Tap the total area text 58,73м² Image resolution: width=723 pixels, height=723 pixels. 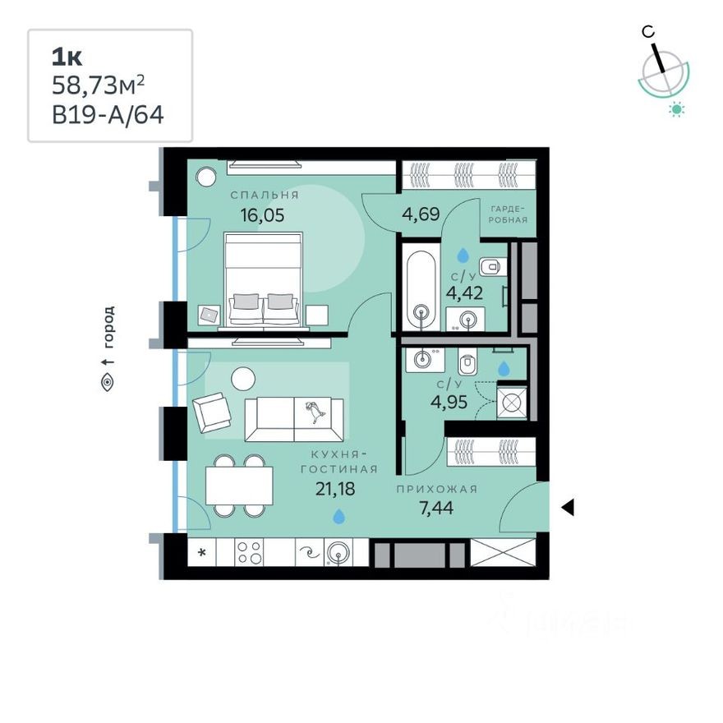(99, 85)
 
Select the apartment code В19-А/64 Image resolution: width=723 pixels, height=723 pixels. (108, 113)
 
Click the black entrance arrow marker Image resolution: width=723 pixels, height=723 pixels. (567, 509)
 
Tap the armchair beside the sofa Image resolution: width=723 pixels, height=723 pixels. (212, 410)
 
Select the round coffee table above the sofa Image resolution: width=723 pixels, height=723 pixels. (243, 379)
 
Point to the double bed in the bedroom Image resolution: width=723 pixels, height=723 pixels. (265, 280)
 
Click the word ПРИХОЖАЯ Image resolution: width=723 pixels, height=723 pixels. (436, 489)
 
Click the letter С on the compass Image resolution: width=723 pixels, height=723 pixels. (648, 32)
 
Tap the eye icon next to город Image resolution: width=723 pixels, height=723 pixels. (108, 381)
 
